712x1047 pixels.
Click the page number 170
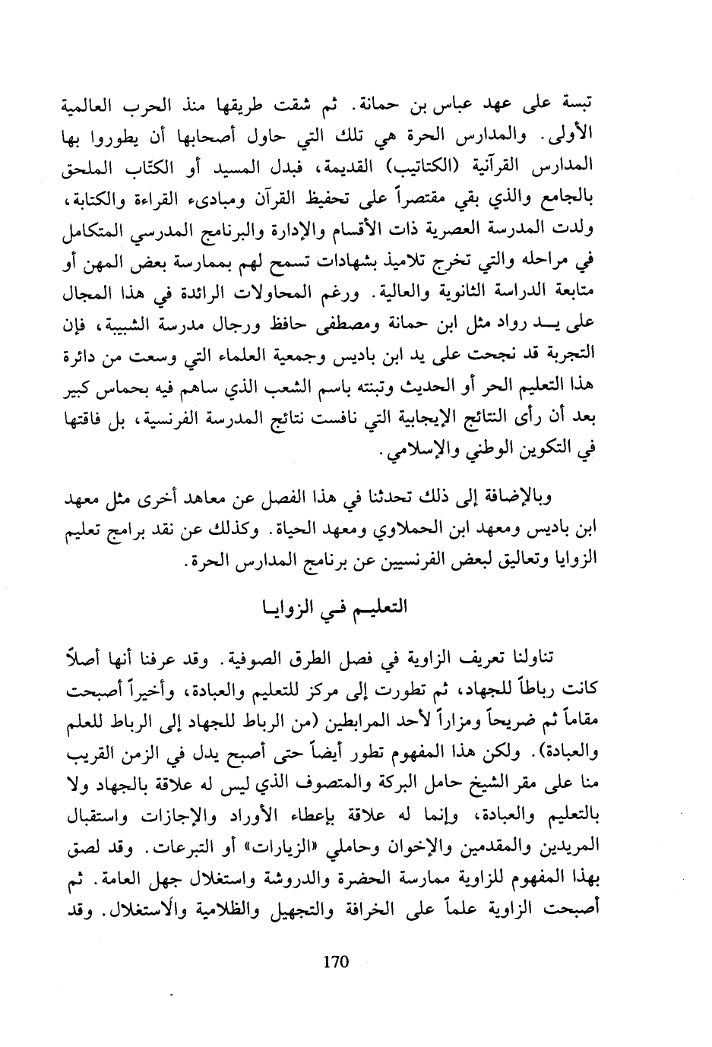(x=335, y=962)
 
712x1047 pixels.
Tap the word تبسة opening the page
(x=578, y=104)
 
